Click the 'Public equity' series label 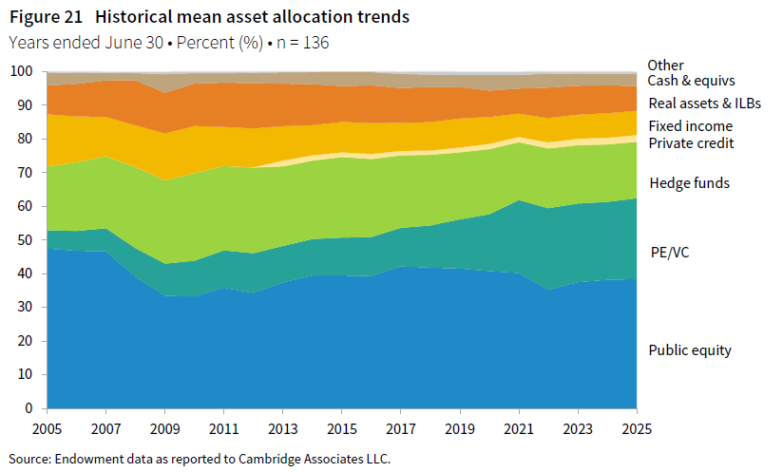point(690,350)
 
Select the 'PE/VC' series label point(669,253)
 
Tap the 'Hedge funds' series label point(689,183)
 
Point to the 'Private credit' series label point(691,143)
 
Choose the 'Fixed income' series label point(690,125)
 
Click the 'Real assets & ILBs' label point(704,104)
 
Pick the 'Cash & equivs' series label point(691,82)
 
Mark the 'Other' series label point(665,66)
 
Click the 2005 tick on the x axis point(47,428)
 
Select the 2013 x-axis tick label point(282,428)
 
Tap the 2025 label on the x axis point(636,428)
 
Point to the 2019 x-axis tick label point(459,428)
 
